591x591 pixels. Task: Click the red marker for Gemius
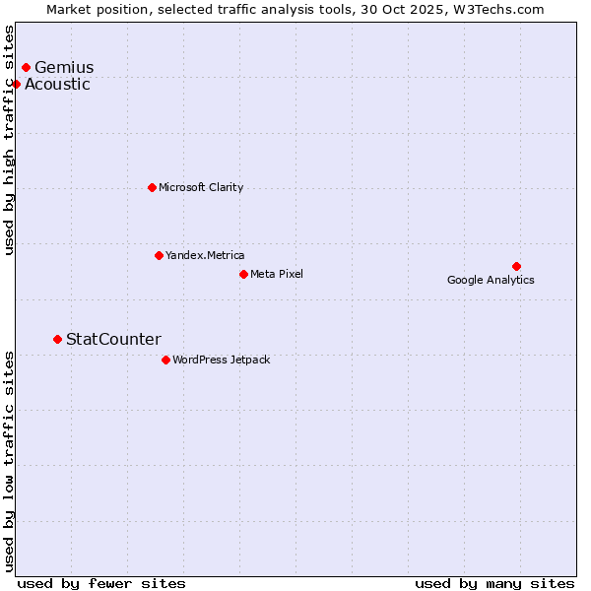26,67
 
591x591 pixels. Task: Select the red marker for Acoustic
16,84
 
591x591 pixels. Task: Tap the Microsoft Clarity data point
152,187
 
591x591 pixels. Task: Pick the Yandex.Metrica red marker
159,255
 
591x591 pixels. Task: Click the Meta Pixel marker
243,274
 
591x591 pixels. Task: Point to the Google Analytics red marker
516,266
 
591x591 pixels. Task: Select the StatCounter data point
57,339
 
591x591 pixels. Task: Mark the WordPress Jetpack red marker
165,360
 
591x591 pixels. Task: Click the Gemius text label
64,67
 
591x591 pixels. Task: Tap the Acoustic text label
57,84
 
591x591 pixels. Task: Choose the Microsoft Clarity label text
201,187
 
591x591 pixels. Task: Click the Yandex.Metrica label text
205,255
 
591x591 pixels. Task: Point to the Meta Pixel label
277,274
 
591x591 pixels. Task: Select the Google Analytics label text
491,280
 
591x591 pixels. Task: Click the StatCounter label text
113,339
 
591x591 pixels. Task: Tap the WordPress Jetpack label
221,360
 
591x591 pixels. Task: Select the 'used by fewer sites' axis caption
101,583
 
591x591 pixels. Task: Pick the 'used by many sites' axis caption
494,583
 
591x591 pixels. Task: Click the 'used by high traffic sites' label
10,140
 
